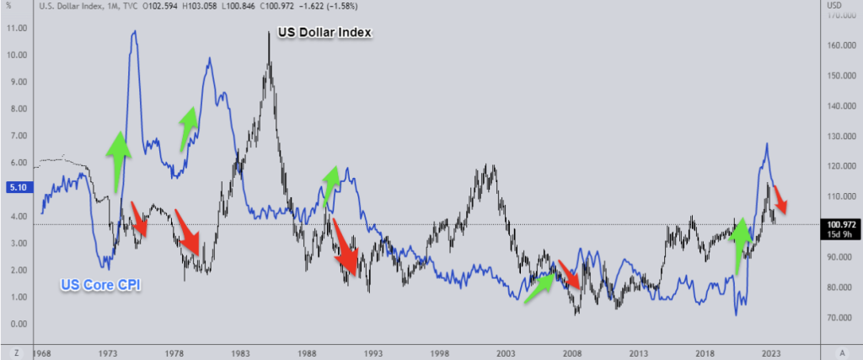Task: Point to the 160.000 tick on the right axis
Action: click(839, 46)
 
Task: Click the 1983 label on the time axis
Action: click(239, 352)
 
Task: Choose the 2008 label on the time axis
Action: click(572, 352)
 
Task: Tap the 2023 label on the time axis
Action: click(772, 352)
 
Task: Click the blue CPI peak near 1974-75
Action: click(134, 32)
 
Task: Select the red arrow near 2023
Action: click(781, 198)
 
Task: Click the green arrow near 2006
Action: click(539, 285)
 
